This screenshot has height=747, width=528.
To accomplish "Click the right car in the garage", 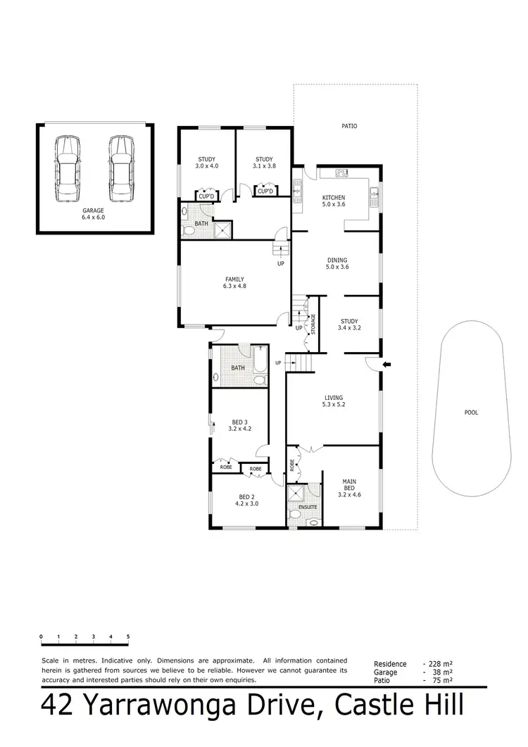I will (120, 168).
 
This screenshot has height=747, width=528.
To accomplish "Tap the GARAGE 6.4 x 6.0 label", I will (92, 214).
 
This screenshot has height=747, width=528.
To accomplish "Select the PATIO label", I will (349, 127).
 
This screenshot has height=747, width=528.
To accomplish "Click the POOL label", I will (471, 413).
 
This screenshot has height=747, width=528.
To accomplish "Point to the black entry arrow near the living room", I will (386, 364).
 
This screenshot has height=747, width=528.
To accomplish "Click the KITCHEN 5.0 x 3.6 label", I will (334, 201).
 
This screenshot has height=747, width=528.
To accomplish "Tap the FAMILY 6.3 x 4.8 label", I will (234, 283).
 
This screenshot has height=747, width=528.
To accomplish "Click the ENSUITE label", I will (308, 507).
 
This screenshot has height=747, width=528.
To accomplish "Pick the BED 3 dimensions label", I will (240, 428).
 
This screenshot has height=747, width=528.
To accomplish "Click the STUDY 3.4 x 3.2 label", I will (349, 325).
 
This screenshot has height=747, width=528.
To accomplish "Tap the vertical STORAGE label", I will (313, 325).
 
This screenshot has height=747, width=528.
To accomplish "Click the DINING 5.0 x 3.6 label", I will (337, 263).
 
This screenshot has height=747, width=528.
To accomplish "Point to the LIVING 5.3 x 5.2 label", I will (332, 401).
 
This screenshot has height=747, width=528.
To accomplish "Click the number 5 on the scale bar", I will (128, 636).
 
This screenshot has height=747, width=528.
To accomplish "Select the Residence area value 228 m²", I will (441, 664).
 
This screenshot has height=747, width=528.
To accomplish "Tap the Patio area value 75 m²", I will (442, 681).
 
